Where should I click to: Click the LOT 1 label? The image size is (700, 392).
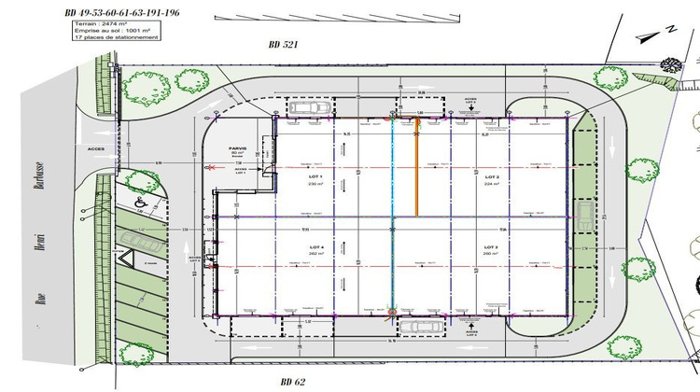point(314,176)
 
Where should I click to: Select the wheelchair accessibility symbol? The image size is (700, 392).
point(141,199)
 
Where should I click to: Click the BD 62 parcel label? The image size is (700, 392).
point(295,382)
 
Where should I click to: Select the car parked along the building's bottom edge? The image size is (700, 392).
point(420,326)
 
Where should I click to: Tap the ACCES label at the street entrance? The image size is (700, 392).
point(96,147)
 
